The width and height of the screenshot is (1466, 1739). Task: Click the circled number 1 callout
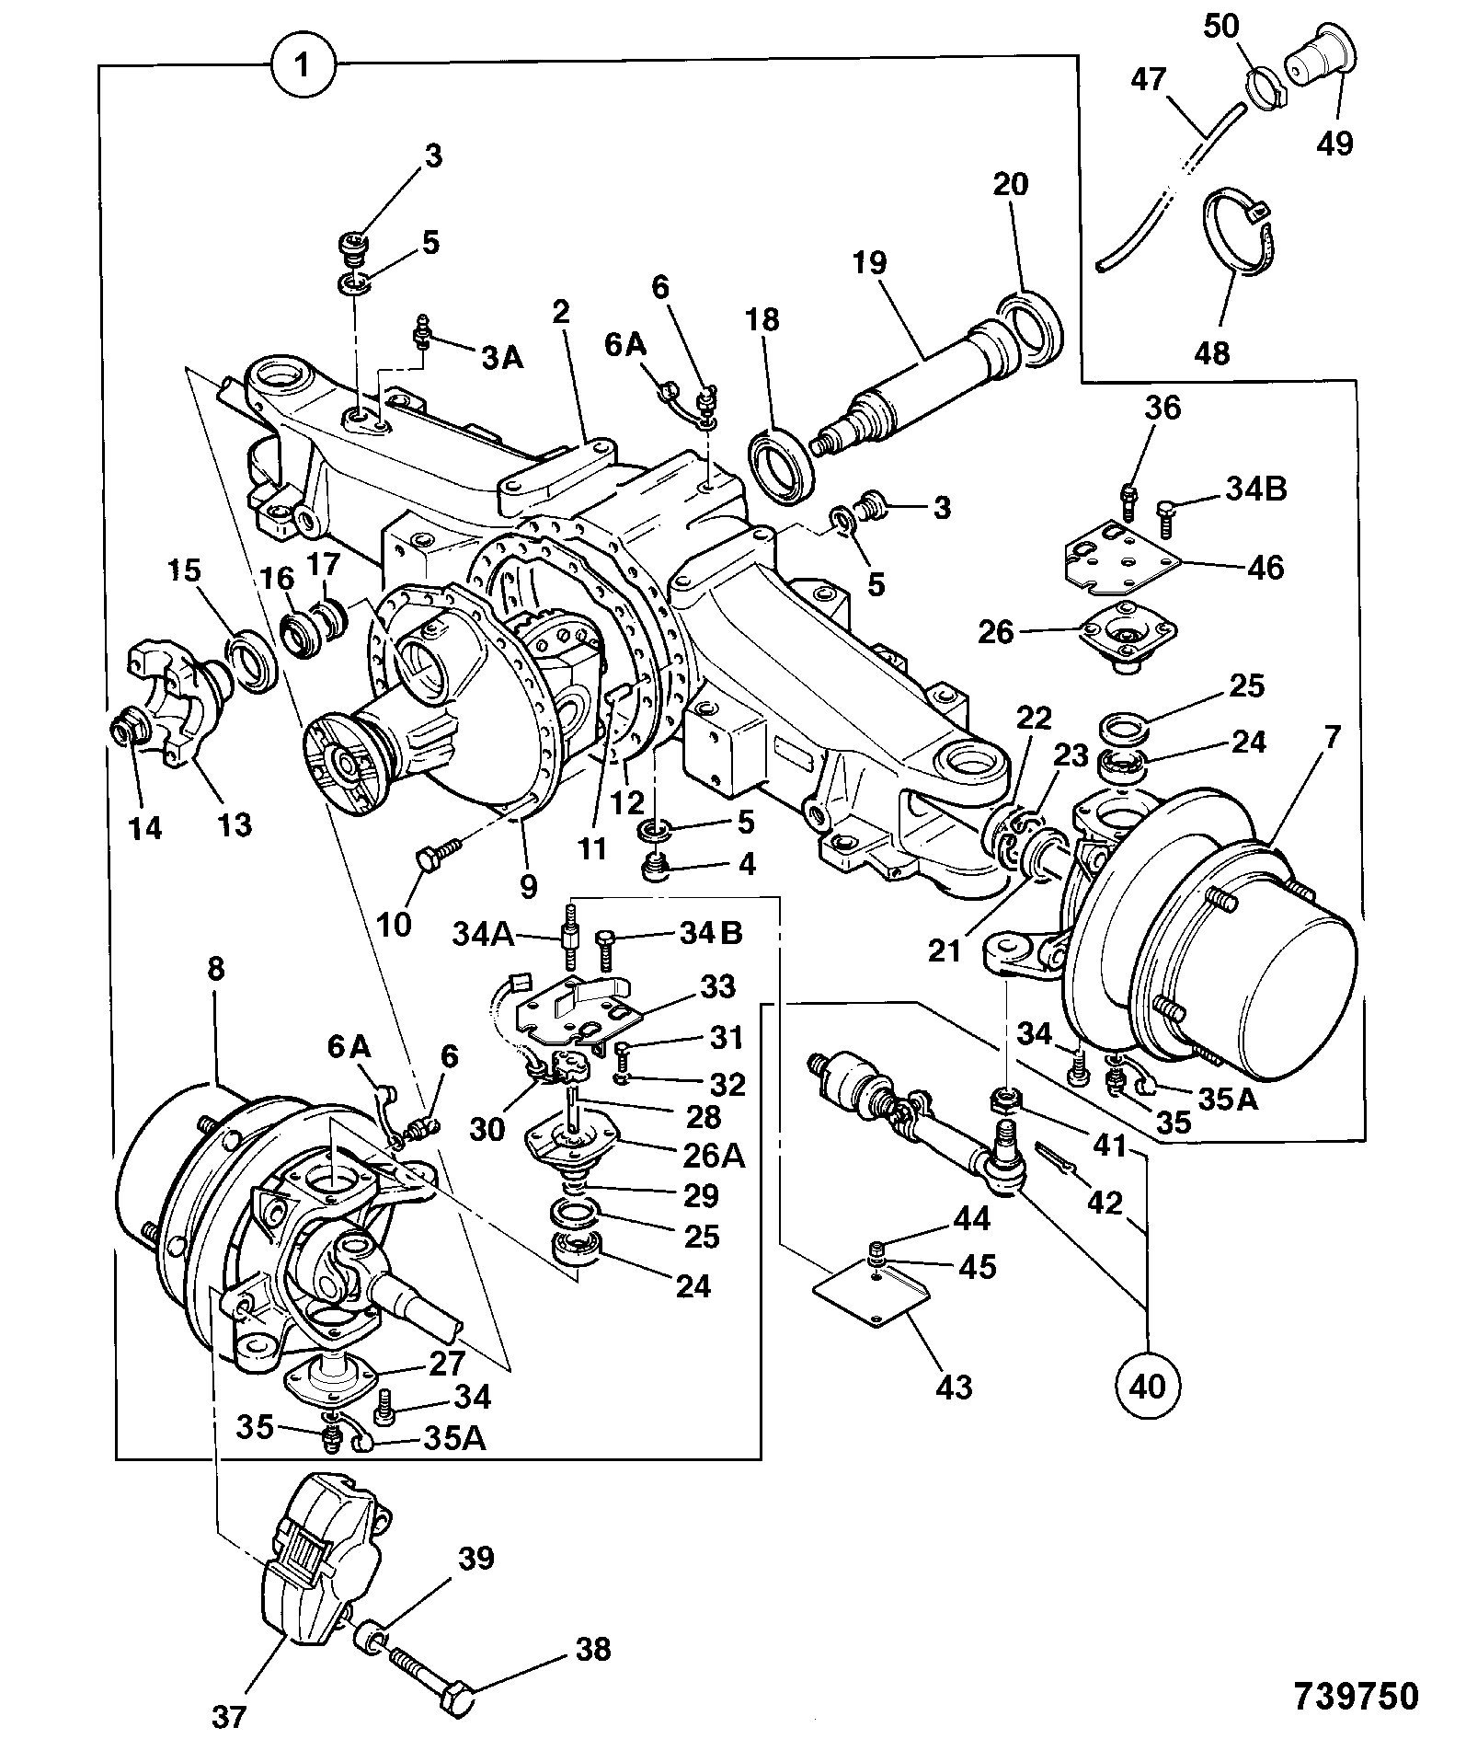tap(304, 66)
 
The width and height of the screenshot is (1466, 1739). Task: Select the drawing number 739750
tap(1357, 1696)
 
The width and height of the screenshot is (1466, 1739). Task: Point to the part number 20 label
tap(1010, 185)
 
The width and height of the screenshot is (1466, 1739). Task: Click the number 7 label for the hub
tap(1334, 737)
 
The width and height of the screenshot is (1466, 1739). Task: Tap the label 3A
tap(503, 358)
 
